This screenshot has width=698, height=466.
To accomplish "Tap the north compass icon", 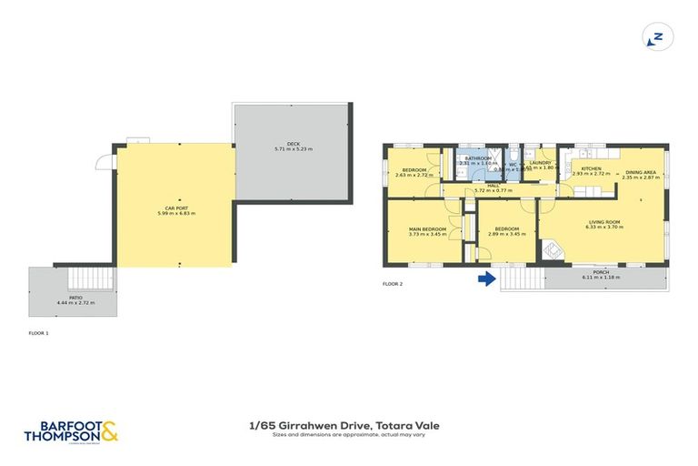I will point(655,37).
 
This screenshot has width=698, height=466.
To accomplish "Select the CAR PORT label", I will point(175,208).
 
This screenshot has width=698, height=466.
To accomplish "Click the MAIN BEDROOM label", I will point(426,228).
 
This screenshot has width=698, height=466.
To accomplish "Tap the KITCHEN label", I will point(591,168).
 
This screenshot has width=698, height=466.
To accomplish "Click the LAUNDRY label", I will point(541,163).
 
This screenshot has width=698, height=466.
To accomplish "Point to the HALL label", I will point(494,186).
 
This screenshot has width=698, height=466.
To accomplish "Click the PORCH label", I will point(601,271).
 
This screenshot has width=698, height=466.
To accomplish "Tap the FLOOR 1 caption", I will point(39,334).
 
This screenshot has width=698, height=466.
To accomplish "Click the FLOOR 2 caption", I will point(392,284).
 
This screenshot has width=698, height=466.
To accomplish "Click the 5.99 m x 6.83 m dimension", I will point(175,213).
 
